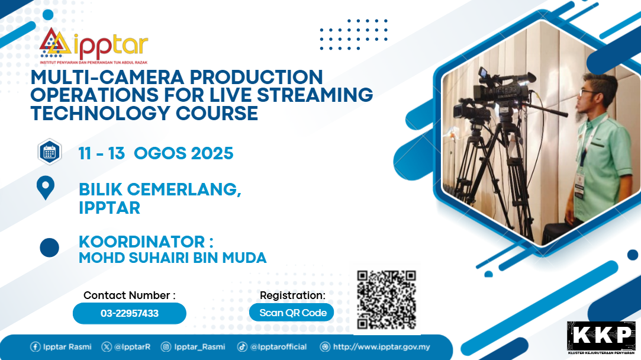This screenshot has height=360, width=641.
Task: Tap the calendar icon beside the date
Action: point(50,152)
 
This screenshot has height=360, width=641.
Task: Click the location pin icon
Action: point(46,188)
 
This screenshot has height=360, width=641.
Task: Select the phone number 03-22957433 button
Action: point(130,313)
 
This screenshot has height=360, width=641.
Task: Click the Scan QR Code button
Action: point(291,313)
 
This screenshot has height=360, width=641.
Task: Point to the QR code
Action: point(386,300)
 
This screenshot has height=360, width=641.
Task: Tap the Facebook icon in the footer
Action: point(35,347)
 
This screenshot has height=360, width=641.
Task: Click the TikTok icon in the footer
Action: point(243,347)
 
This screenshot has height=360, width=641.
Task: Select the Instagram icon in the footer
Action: point(166,347)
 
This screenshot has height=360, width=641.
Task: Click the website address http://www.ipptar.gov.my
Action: point(381,347)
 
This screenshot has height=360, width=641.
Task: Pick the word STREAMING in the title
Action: point(315,95)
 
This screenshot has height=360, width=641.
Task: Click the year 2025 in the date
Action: point(212,153)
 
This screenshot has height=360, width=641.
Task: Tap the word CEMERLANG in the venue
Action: point(184,190)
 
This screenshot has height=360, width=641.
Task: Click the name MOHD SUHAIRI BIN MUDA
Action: point(172,258)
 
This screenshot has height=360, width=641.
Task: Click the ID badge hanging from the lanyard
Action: point(579,185)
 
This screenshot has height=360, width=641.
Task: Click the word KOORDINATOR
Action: point(142,242)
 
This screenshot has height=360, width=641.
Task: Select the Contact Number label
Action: point(130,295)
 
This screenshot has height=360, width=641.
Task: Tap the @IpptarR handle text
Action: point(132,347)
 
